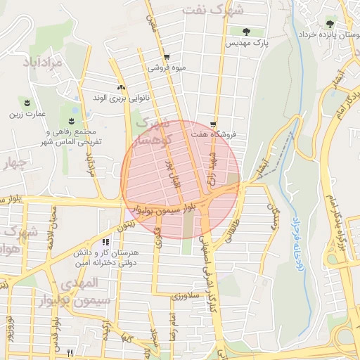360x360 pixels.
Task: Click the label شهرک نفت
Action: click(213, 9)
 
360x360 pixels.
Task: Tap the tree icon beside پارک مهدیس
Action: click(245, 31)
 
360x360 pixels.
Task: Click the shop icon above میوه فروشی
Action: click(166, 58)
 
